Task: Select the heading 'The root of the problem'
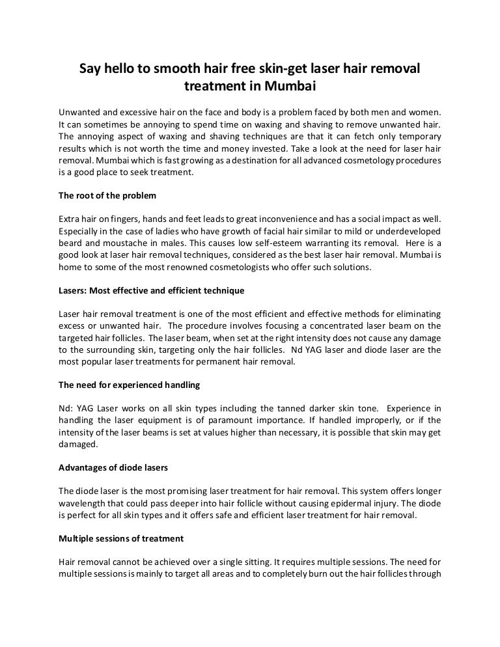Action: [107, 195]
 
